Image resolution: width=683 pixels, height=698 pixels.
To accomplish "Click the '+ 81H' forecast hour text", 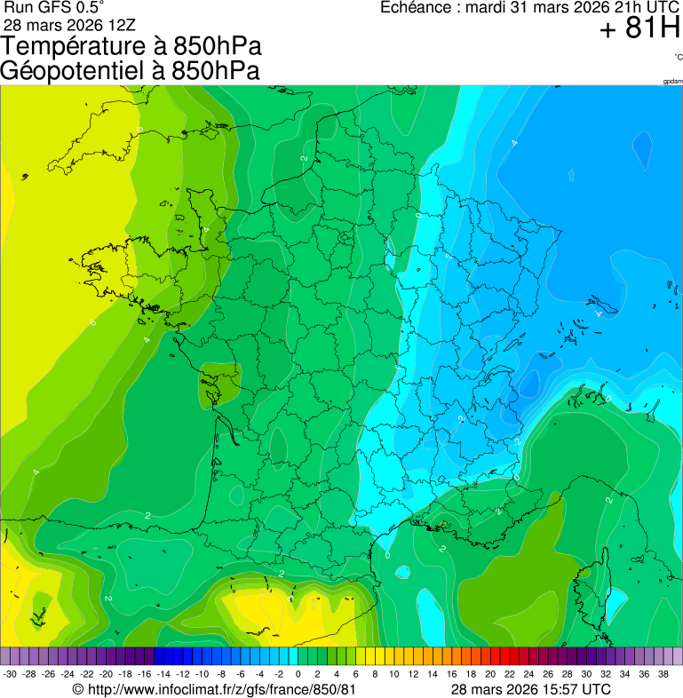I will pos(639,29).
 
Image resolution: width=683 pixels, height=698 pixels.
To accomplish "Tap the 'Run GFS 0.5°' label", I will pos(53,8).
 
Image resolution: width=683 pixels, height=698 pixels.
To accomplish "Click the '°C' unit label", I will pos(678,58).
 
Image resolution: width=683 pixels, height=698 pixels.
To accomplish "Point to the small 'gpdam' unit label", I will pos(672,82).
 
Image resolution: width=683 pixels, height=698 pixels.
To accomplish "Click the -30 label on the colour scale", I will pos(10,674).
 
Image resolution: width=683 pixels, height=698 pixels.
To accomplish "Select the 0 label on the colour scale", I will pos(298,674).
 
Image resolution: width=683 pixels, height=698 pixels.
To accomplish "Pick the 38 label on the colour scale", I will pos(663,674).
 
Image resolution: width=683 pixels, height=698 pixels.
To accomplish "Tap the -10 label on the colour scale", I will pos(202,674).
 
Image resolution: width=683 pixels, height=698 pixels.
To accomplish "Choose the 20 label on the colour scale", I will pos(490,674).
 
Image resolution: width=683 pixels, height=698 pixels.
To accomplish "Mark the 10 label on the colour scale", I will pos(393,674).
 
